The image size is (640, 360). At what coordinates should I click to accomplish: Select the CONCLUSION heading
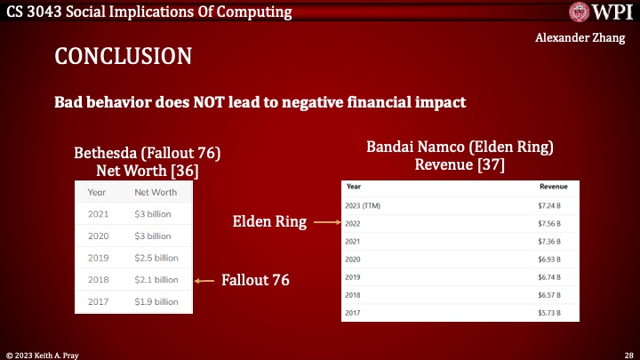tap(123, 57)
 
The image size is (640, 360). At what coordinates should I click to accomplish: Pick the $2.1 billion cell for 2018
tap(156, 280)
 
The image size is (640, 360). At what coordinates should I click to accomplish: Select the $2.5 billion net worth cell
tap(156, 258)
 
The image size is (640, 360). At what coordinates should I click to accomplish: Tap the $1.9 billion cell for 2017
tap(156, 302)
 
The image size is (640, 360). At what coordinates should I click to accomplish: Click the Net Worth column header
tap(155, 192)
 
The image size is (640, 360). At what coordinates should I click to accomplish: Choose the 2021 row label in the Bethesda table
tap(99, 214)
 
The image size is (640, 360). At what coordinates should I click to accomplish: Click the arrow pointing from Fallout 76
tap(206, 281)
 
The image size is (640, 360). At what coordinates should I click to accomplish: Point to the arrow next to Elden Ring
tap(323, 224)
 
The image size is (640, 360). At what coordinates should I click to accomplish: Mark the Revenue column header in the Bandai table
tap(553, 188)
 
